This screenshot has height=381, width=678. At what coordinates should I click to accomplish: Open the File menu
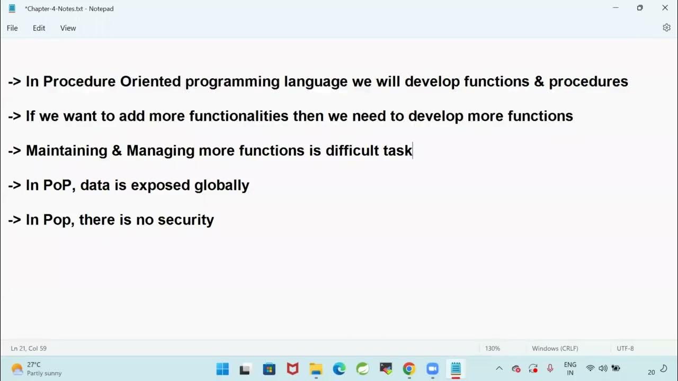tap(12, 28)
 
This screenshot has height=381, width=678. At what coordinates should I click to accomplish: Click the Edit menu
tap(39, 28)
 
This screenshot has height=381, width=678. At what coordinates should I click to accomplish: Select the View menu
tap(68, 28)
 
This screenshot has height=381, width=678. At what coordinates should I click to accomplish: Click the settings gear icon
tap(666, 28)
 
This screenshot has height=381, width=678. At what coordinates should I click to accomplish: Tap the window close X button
tap(665, 8)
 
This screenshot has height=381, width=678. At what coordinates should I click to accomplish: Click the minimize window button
tap(615, 8)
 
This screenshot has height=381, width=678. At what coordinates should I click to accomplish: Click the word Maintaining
tap(66, 151)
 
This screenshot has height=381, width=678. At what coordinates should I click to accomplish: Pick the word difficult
tap(352, 151)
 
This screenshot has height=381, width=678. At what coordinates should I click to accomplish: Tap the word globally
tap(221, 185)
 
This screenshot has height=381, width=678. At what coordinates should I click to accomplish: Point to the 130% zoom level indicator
tap(492, 348)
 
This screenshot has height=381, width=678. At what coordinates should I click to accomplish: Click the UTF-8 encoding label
tap(625, 348)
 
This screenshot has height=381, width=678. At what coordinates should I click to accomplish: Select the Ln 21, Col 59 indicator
tap(29, 348)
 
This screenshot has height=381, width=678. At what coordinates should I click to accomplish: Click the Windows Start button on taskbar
tap(222, 369)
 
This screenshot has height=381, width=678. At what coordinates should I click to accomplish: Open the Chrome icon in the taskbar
tap(408, 369)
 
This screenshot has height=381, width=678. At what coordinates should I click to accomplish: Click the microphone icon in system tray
tap(550, 368)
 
